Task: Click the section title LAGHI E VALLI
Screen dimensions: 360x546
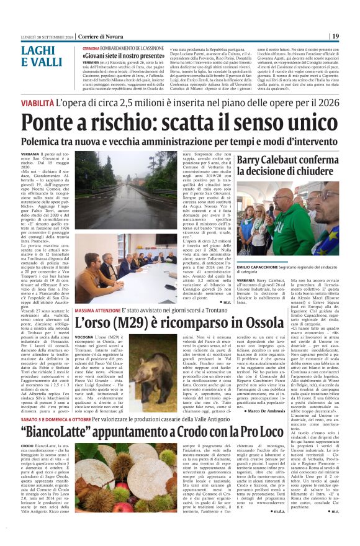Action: tap(42, 55)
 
